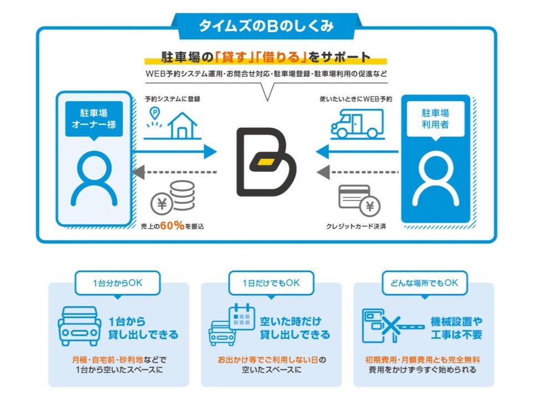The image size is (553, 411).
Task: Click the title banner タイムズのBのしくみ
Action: tap(266, 26)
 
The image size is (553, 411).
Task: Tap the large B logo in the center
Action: tap(265, 162)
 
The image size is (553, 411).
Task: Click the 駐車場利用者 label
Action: tap(435, 119)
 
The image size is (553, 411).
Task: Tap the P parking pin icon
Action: tap(154, 114)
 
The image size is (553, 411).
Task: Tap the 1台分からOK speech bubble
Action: tap(117, 283)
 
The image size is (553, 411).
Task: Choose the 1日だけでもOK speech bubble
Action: tap(270, 283)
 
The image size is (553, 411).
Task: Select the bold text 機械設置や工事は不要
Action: tap(456, 328)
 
